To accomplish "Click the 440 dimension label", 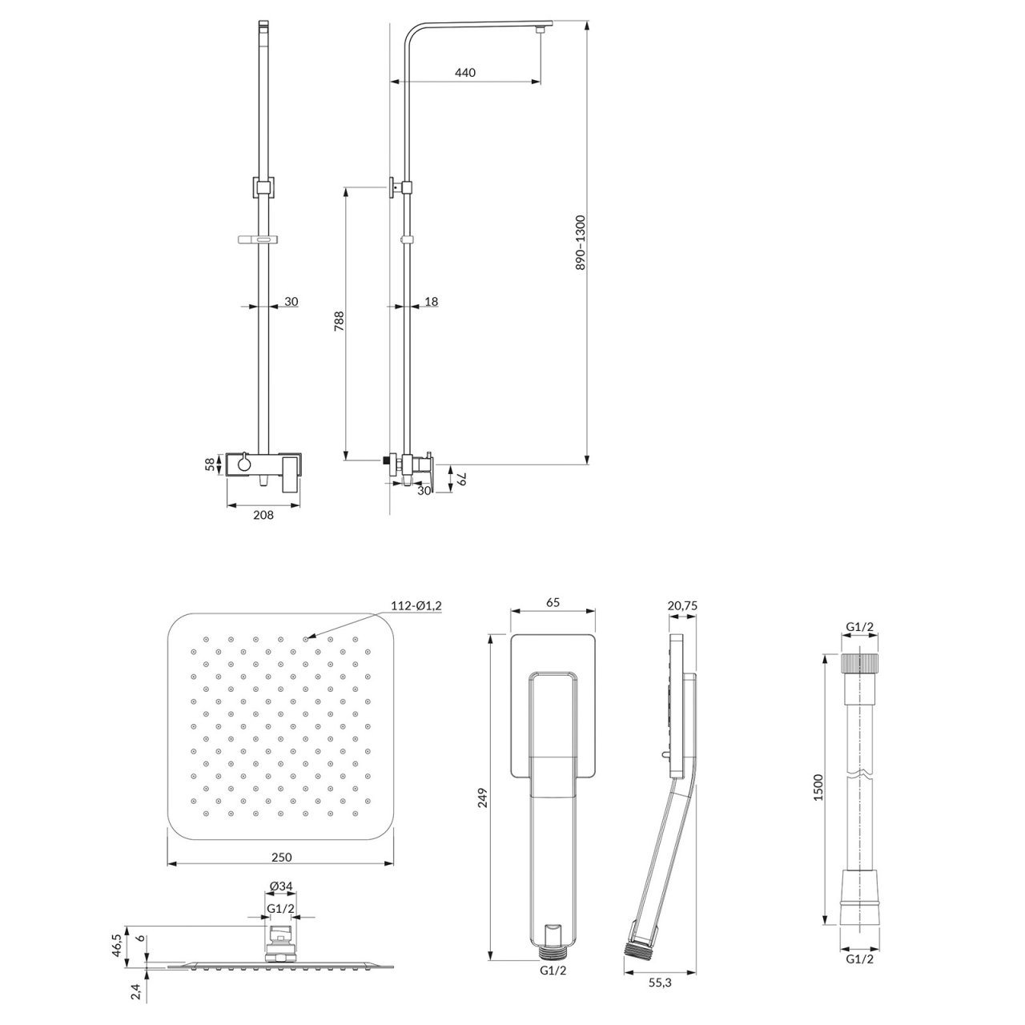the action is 465,72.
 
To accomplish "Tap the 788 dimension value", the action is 339,321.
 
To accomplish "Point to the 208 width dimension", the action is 263,514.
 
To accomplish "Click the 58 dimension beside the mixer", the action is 211,464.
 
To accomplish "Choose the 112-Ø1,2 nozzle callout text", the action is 416,605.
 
